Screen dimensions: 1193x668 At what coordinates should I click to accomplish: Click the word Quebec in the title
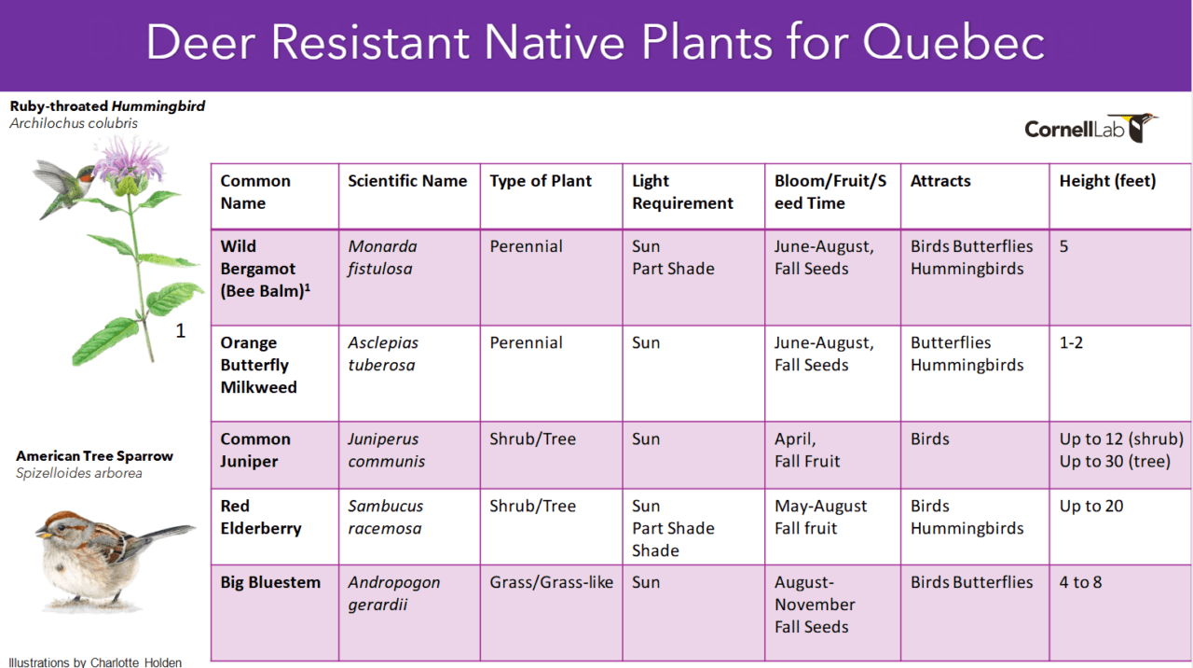(x=953, y=43)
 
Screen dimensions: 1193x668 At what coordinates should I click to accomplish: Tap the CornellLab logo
(x=1090, y=128)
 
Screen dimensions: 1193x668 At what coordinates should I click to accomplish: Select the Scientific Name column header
(x=407, y=181)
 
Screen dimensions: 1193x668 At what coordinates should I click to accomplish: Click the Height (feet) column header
(x=1107, y=181)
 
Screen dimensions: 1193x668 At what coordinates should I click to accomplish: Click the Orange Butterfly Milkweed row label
(x=258, y=365)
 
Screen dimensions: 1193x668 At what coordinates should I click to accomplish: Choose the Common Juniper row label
(x=255, y=450)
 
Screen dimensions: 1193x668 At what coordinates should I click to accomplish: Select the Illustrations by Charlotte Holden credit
(x=95, y=662)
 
